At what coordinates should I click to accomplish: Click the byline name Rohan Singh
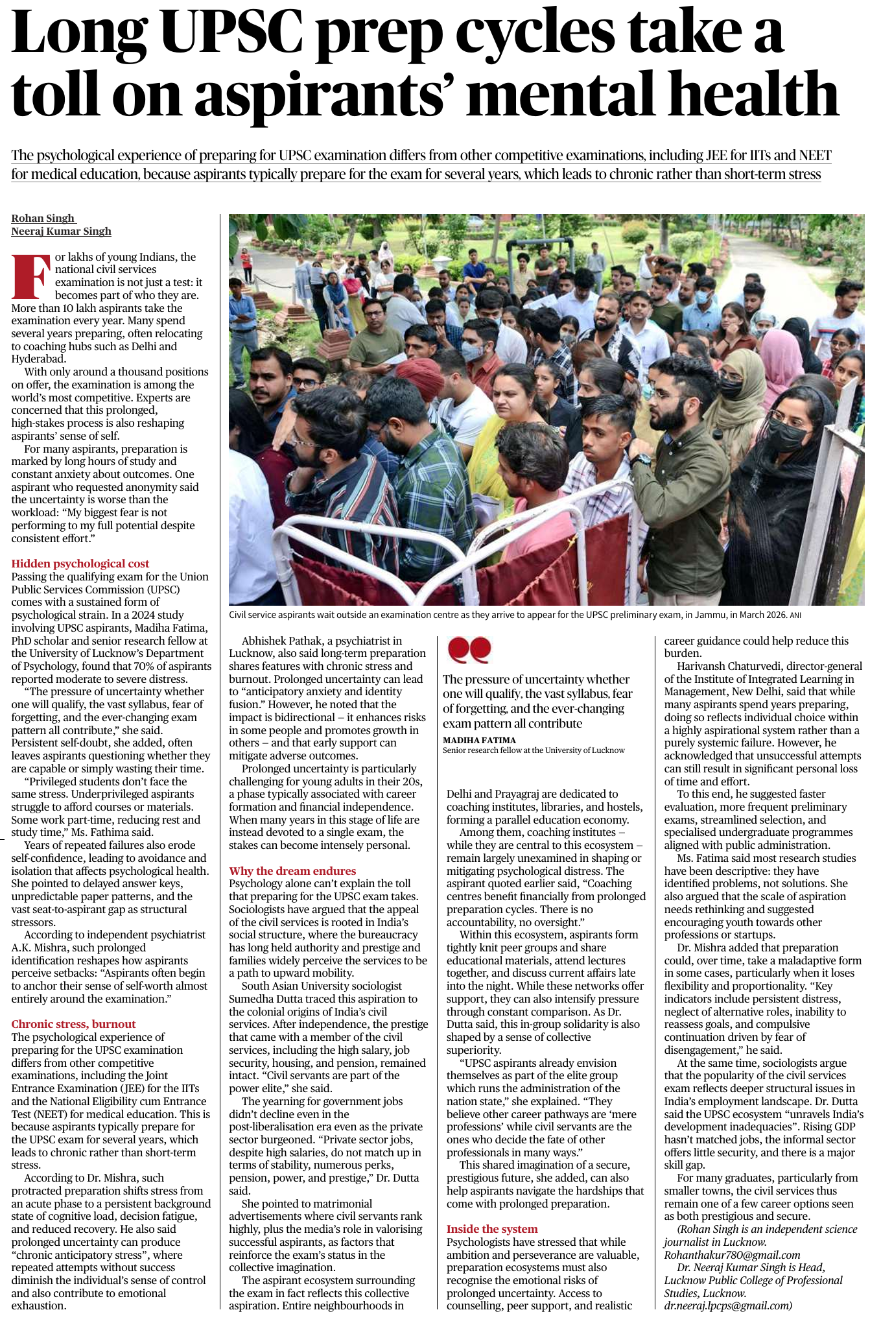(43, 219)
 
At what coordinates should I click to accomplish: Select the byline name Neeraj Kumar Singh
(61, 232)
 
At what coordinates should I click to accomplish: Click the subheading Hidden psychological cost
(80, 564)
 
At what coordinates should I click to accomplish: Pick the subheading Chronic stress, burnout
(73, 1024)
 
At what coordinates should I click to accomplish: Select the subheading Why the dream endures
(292, 871)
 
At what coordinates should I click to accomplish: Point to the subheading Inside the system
(491, 1229)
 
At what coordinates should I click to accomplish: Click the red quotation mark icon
(469, 650)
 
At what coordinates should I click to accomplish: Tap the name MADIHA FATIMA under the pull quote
(479, 740)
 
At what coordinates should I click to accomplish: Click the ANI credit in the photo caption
(795, 615)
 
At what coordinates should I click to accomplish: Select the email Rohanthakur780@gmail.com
(732, 1255)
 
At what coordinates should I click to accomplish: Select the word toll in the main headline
(56, 94)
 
